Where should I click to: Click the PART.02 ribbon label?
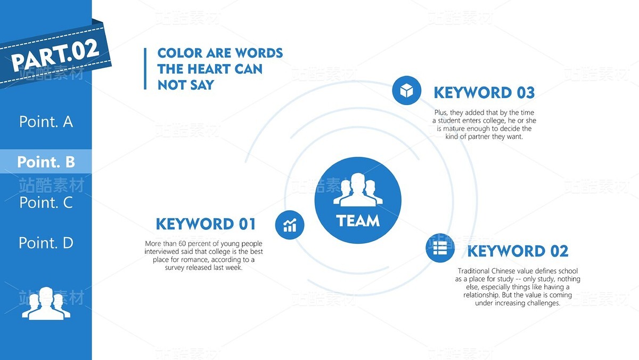click(55, 55)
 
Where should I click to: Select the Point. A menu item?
click(46, 122)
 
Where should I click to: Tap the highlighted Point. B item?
click(46, 162)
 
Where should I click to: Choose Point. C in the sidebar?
click(46, 202)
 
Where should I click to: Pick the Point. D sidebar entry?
click(46, 243)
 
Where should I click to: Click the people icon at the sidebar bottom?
click(46, 303)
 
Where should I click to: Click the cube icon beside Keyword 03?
click(406, 90)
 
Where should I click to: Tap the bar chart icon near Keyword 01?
click(290, 225)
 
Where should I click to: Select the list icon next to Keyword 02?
click(440, 247)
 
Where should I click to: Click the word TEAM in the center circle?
click(358, 221)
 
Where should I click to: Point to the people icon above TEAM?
click(358, 190)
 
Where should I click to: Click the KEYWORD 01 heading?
click(206, 223)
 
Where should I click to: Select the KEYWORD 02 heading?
click(518, 251)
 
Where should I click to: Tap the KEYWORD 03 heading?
click(484, 93)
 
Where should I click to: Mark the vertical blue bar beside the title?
click(145, 69)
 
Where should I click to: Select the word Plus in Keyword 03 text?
click(441, 113)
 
